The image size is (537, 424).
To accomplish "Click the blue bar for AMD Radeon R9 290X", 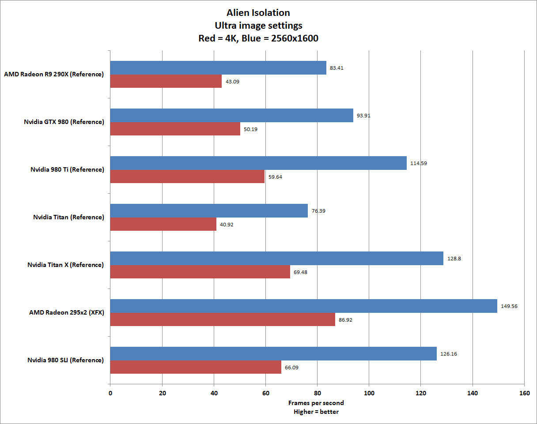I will click(218, 68).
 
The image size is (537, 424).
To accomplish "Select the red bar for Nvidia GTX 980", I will click(175, 129).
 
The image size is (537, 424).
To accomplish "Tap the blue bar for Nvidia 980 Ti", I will click(258, 163).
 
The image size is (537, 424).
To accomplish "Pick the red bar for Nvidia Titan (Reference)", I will click(163, 224).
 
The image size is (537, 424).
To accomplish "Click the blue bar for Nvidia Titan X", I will click(276, 258).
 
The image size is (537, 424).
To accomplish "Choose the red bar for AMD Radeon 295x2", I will click(223, 319).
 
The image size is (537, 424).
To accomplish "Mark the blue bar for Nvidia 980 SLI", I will click(273, 353).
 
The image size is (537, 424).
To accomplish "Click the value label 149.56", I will click(509, 306).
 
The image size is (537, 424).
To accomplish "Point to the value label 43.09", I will click(232, 82).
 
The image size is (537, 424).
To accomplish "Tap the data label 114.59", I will click(418, 163).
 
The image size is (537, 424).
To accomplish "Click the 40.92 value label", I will click(227, 225).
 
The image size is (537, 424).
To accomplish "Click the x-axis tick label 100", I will click(369, 393).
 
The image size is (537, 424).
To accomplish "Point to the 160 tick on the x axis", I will click(524, 393).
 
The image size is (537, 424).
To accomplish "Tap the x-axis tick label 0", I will click(110, 393).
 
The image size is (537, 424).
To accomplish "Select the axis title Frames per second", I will click(316, 403).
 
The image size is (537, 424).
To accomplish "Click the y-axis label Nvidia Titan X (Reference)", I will click(65, 265).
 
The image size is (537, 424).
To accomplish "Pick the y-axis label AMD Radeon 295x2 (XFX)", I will click(66, 312).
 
